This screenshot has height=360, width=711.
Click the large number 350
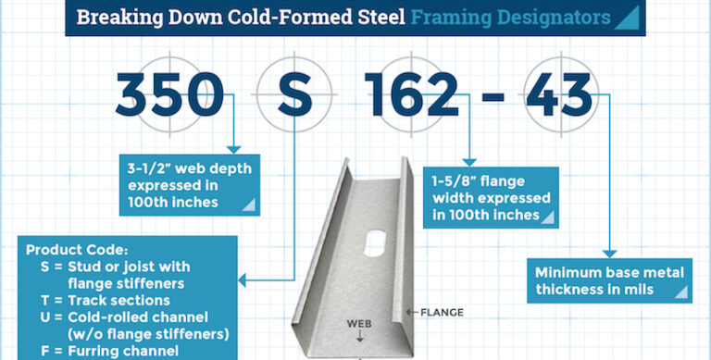coord(170,95)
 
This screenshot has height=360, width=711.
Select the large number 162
coord(413,95)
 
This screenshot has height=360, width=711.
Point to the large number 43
coord(558,95)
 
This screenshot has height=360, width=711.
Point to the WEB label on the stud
coord(358,324)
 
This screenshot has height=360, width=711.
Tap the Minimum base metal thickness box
coord(611,280)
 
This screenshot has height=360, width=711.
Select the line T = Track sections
coord(105,300)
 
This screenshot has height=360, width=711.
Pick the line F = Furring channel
coord(105,350)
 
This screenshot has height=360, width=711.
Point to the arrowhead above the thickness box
coord(609,253)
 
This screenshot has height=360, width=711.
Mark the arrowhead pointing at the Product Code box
coord(243,279)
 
